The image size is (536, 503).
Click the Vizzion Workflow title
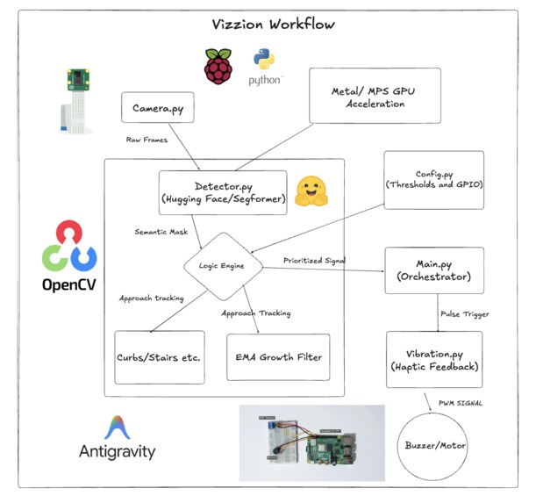(273, 25)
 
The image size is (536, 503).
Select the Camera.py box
(158, 107)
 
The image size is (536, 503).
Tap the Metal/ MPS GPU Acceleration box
(375, 96)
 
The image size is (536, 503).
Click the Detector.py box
(223, 192)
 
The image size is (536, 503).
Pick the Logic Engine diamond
(223, 266)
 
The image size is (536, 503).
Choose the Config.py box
(433, 180)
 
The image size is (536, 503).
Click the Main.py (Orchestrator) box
(434, 270)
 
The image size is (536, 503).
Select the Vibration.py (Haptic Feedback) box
(434, 359)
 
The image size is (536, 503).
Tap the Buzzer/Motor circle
(432, 446)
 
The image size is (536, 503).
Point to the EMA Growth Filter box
(278, 357)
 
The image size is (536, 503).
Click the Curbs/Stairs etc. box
(160, 357)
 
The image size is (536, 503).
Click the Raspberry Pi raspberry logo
(218, 67)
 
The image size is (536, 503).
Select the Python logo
(264, 67)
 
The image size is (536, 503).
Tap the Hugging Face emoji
(311, 191)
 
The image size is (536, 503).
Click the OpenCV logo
(69, 256)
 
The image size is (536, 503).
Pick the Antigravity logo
(117, 438)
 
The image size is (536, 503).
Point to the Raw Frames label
(147, 140)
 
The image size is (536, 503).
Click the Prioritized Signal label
(314, 261)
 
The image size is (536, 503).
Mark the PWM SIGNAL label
(461, 403)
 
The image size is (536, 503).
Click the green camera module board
(78, 80)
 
